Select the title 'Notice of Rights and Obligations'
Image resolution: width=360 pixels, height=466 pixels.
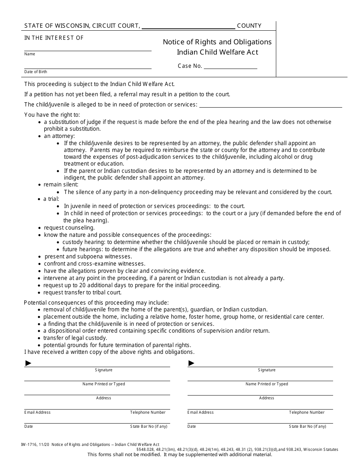tap(217, 42)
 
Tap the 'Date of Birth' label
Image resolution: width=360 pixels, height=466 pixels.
tap(36, 72)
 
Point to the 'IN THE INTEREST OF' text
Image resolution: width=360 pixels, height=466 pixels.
tap(54, 38)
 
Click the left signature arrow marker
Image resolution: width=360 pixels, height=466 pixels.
tap(28, 363)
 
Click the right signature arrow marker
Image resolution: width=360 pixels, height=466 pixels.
tap(191, 363)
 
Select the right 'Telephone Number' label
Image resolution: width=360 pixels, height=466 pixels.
tap(307, 412)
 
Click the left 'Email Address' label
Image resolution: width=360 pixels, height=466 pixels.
tap(37, 412)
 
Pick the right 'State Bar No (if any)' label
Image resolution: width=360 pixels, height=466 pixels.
tap(307, 426)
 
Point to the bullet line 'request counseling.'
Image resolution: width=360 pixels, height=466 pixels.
tap(69, 228)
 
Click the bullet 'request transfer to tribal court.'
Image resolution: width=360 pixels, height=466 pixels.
tap(82, 292)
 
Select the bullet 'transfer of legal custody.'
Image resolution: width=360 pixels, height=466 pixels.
tap(75, 338)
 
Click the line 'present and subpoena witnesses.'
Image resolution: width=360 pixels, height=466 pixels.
tap(88, 256)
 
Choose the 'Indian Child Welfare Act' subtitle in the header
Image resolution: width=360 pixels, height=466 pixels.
tap(217, 52)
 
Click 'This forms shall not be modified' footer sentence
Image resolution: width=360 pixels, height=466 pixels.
tap(180, 454)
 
